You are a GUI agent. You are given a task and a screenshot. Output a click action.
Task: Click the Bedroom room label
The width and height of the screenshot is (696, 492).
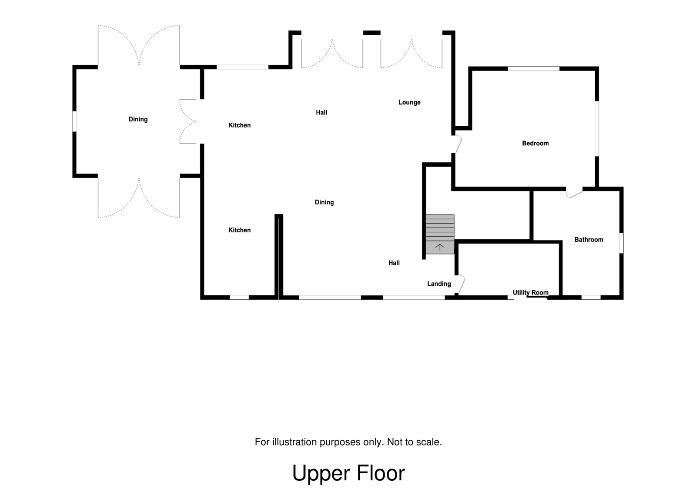pyautogui.click(x=535, y=143)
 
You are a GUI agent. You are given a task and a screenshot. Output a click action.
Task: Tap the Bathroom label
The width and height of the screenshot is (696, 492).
pyautogui.click(x=589, y=240)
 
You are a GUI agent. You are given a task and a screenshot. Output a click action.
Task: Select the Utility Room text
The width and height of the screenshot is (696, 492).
pyautogui.click(x=530, y=293)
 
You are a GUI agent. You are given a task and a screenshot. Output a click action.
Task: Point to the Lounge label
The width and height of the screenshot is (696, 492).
pyautogui.click(x=409, y=103)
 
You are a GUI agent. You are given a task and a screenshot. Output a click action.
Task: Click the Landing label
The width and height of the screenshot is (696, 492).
pyautogui.click(x=439, y=284)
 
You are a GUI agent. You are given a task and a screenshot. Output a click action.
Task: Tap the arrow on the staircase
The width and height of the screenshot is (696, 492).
pyautogui.click(x=440, y=248)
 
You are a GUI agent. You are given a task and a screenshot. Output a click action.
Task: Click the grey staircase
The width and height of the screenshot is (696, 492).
pyautogui.click(x=440, y=231)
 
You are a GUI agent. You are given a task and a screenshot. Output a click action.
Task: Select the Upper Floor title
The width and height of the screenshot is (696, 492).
pyautogui.click(x=348, y=473)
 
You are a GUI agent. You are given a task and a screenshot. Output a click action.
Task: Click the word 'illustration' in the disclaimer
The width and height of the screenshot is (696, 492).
pyautogui.click(x=295, y=442)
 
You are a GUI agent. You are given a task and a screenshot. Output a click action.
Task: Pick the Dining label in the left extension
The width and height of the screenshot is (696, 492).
pyautogui.click(x=138, y=119)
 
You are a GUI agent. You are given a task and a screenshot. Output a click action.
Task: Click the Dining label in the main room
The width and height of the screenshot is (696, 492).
pyautogui.click(x=324, y=202)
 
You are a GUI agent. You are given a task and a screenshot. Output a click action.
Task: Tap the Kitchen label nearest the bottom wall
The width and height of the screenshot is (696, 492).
pyautogui.click(x=239, y=230)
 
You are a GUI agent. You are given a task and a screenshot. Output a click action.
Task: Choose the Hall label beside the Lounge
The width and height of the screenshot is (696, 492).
pyautogui.click(x=321, y=113)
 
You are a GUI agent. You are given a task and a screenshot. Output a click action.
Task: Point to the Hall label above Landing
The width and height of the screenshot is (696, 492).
pyautogui.click(x=394, y=263)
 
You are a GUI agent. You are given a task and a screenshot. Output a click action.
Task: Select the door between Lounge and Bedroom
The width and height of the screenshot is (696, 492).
pyautogui.click(x=458, y=144)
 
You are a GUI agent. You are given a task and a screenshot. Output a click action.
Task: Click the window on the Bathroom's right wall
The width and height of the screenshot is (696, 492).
pyautogui.click(x=621, y=243)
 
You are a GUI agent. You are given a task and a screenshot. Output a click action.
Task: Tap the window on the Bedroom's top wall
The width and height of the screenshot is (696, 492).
pyautogui.click(x=533, y=68)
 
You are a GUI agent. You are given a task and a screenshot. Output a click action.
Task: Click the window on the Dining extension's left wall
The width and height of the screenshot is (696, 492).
pyautogui.click(x=74, y=121)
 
